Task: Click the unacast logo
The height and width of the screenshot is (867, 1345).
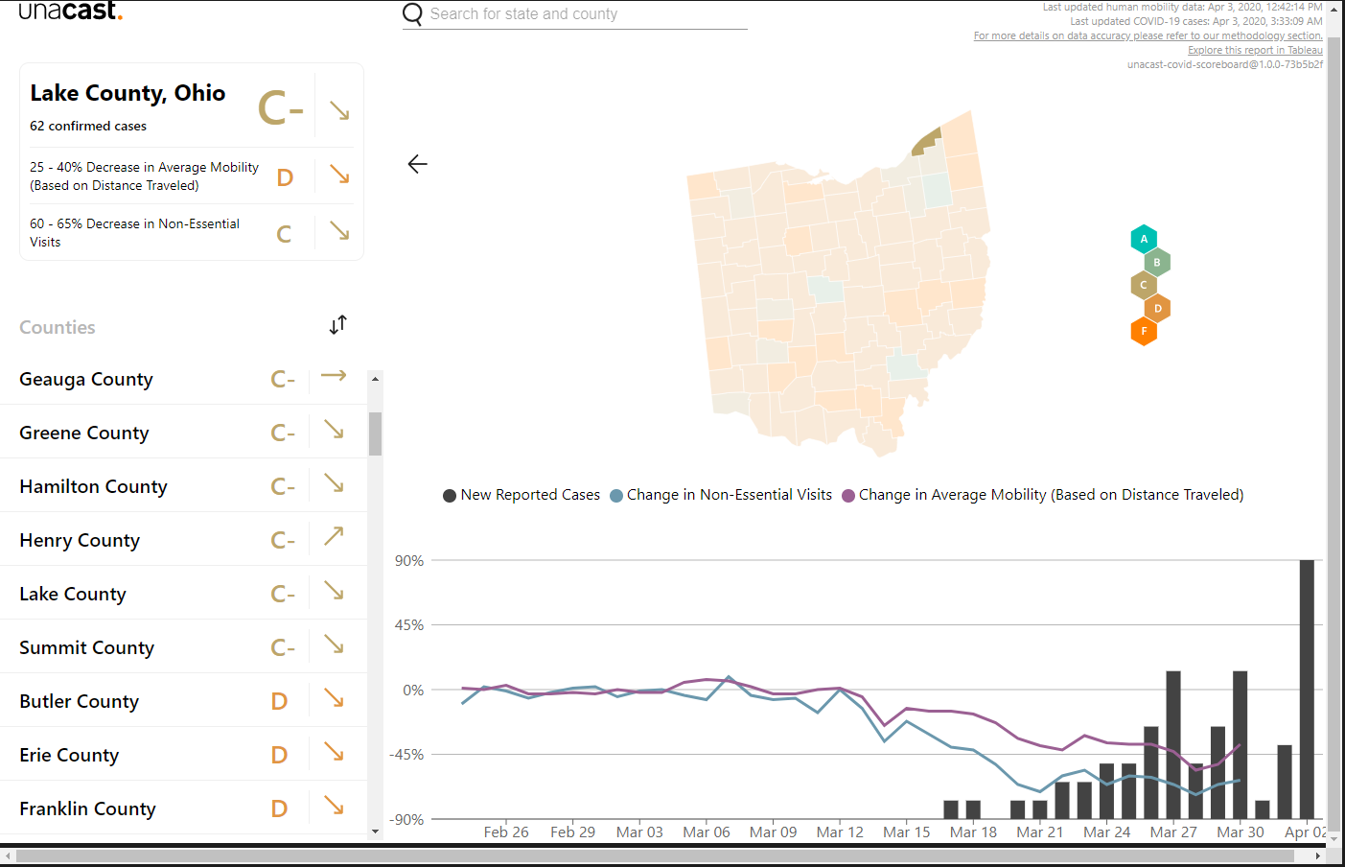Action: tap(71, 11)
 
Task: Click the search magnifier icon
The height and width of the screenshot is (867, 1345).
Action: tap(412, 13)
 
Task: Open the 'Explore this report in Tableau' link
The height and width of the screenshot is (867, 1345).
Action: tap(1255, 50)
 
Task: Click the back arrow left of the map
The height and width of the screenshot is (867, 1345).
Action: tap(417, 164)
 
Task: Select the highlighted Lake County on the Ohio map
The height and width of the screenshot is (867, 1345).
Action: tap(926, 142)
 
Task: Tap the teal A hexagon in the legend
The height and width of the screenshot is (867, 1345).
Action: tap(1144, 239)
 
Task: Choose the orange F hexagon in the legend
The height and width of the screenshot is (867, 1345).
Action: tap(1144, 332)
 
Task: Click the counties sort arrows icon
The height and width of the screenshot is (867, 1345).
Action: tap(338, 324)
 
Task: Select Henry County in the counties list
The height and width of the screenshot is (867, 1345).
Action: tap(80, 540)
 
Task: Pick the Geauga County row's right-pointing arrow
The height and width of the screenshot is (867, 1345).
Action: tap(334, 376)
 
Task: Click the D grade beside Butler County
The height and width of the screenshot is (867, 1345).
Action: tap(279, 701)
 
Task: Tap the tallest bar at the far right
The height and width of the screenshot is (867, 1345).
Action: tap(1307, 690)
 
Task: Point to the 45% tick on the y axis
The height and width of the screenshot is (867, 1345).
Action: tap(409, 625)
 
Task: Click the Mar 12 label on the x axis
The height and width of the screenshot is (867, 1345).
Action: tap(840, 832)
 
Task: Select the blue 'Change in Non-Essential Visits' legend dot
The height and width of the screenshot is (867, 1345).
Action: tap(616, 496)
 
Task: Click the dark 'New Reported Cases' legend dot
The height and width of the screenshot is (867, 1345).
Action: tap(450, 496)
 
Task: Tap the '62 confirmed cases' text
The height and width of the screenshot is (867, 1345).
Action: tap(88, 127)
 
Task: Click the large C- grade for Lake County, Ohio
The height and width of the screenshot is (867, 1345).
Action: tap(281, 108)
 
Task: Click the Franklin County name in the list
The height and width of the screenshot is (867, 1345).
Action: tap(87, 808)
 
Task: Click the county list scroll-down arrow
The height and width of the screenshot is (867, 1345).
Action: tap(375, 832)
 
